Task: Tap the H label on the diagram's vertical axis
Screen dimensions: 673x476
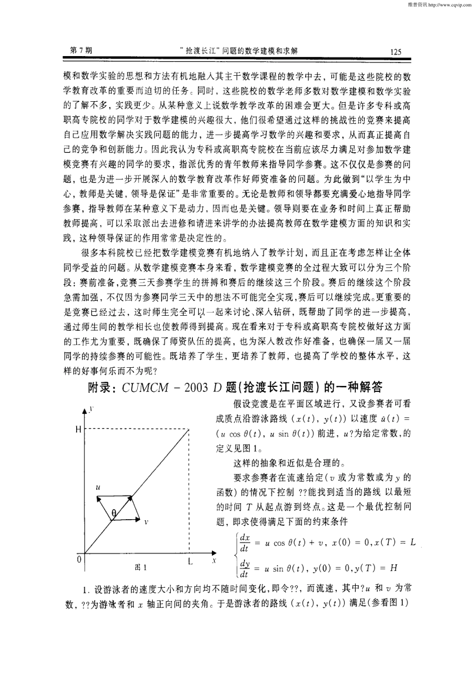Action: [x=78, y=429]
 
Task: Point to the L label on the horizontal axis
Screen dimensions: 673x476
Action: [x=190, y=561]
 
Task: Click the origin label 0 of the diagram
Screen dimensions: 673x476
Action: [x=79, y=558]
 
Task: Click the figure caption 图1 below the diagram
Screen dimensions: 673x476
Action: [x=141, y=567]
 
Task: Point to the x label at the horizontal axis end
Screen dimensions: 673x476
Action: [x=214, y=560]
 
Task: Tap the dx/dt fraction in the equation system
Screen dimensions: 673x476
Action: [x=245, y=543]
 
